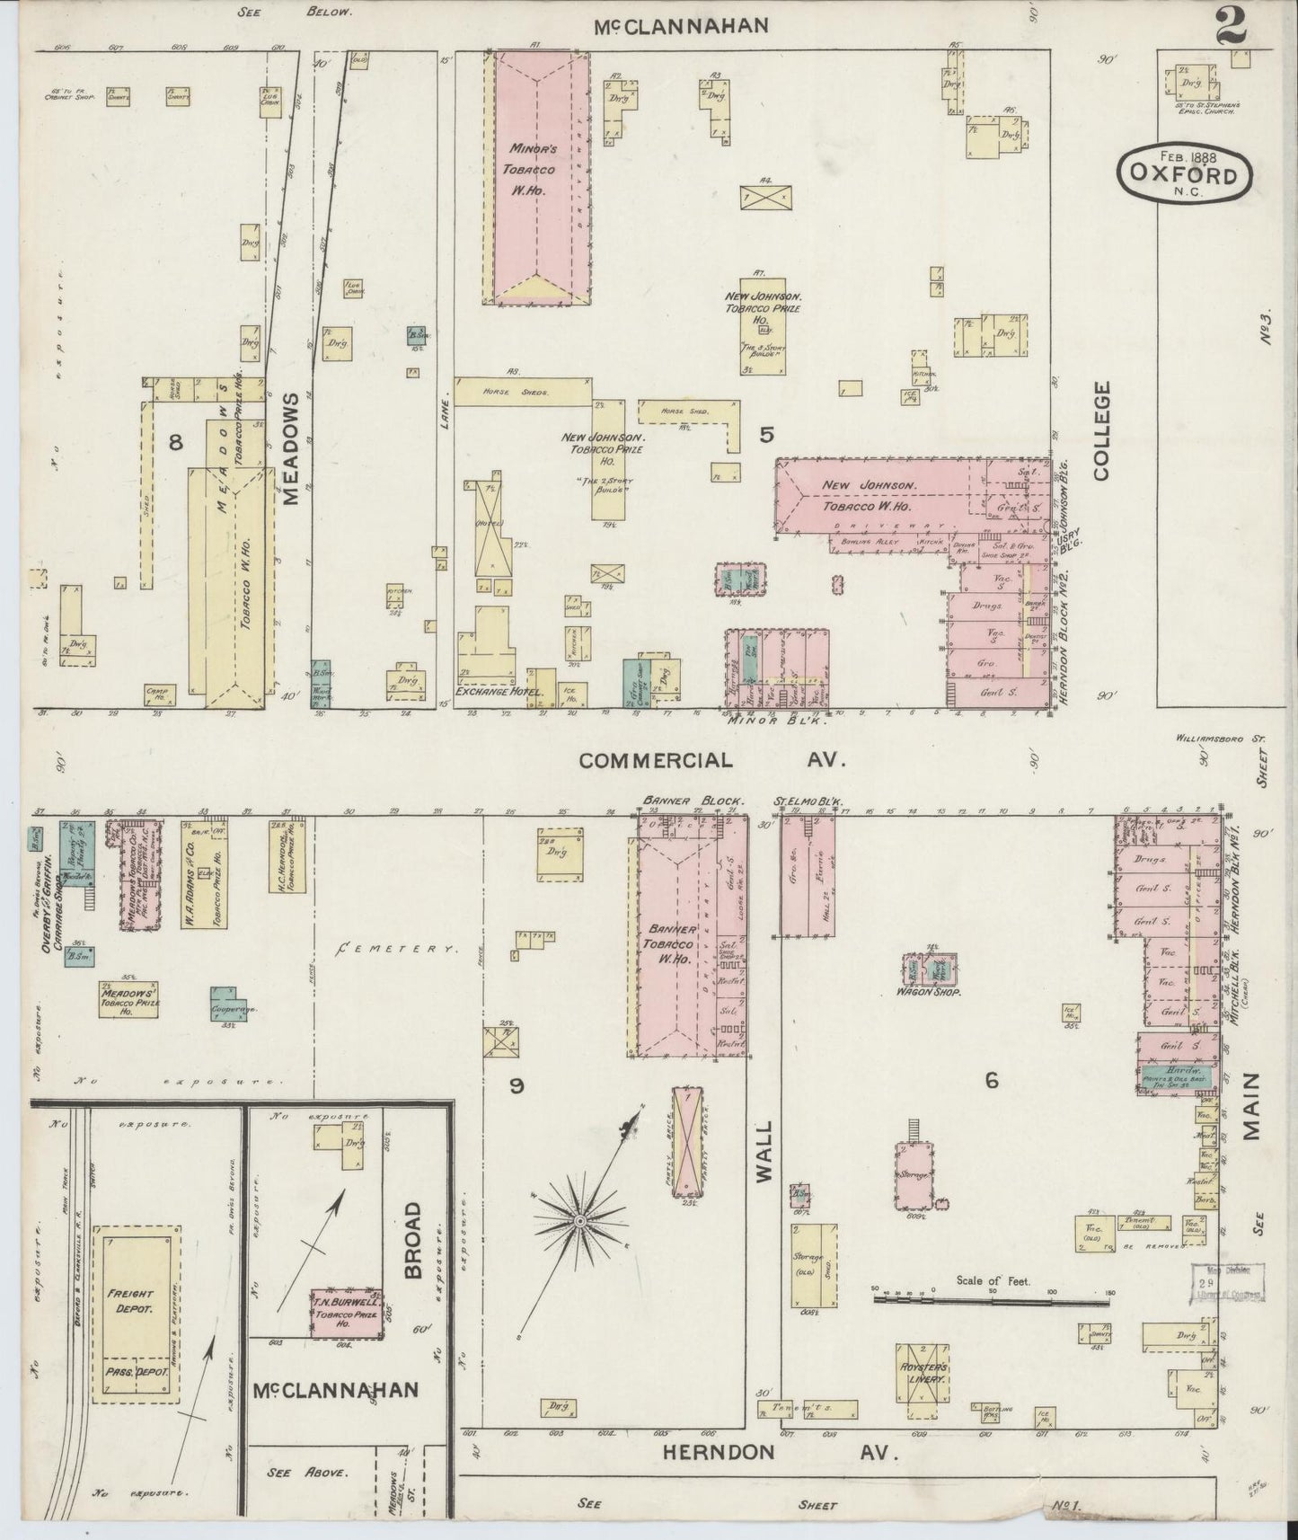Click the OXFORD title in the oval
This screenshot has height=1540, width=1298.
1184,175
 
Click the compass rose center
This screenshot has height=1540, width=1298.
580,1222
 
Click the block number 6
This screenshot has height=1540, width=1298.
991,1081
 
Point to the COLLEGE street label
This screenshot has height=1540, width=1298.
1101,430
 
